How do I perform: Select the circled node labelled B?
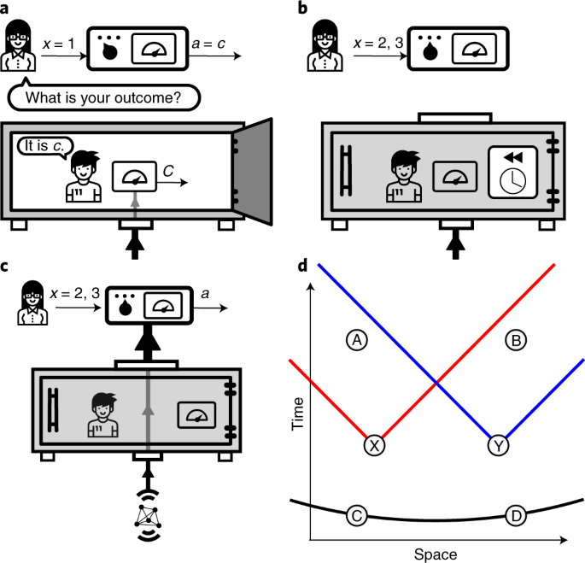point(516,340)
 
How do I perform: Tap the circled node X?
point(373,444)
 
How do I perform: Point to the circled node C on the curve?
point(357,515)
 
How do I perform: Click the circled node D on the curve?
point(515,515)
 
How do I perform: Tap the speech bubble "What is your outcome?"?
point(104,97)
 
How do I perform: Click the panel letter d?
point(303,266)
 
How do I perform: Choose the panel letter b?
point(303,9)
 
